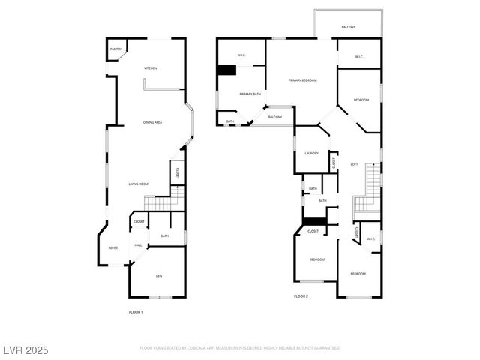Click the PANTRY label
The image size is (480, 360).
pyautogui.click(x=115, y=49)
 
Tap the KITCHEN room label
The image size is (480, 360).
pyautogui.click(x=151, y=68)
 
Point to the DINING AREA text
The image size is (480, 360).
pyautogui.click(x=153, y=122)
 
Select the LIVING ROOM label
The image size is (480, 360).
pyautogui.click(x=138, y=184)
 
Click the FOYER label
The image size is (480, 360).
pyautogui.click(x=113, y=247)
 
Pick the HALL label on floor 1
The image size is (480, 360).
pyautogui.click(x=139, y=245)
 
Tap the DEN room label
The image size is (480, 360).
pyautogui.click(x=159, y=276)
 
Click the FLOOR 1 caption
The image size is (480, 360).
pyautogui.click(x=136, y=311)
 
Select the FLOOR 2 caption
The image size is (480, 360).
pyautogui.click(x=301, y=296)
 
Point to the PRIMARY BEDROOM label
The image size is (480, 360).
pyautogui.click(x=303, y=79)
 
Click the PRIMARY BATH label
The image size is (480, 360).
pyautogui.click(x=250, y=94)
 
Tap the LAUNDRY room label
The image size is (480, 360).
pyautogui.click(x=311, y=153)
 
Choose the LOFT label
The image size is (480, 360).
pyautogui.click(x=354, y=164)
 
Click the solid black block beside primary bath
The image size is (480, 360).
pyautogui.click(x=226, y=70)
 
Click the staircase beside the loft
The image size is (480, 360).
pyautogui.click(x=369, y=191)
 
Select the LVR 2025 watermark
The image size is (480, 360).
pyautogui.click(x=25, y=349)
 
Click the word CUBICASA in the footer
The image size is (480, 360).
pyautogui.click(x=211, y=348)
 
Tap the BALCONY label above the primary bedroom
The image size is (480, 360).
pyautogui.click(x=348, y=27)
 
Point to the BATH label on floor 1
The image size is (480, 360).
pyautogui.click(x=164, y=236)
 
